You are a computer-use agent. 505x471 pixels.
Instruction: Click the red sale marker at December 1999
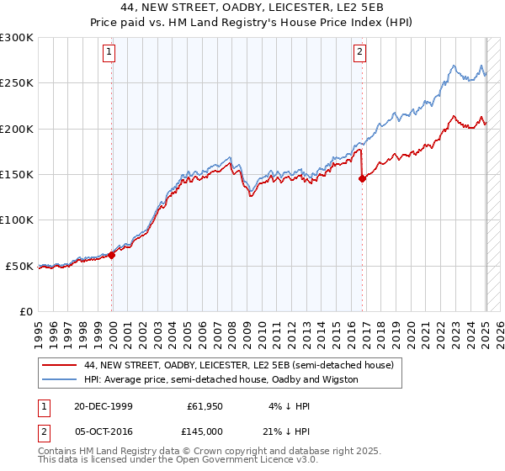(112, 255)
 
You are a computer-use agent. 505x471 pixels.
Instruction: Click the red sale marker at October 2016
(362, 178)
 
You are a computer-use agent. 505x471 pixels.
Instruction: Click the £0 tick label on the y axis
(25, 311)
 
